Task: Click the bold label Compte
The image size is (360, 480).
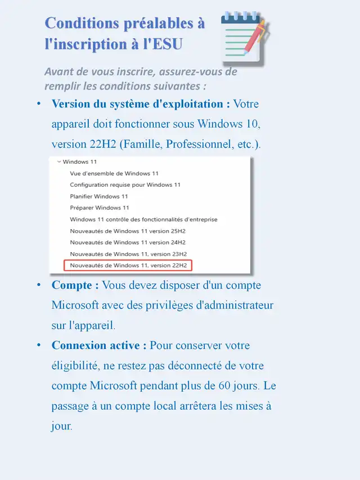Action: click(75, 285)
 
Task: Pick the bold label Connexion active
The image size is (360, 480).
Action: click(99, 346)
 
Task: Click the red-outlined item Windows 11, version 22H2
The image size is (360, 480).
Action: click(128, 265)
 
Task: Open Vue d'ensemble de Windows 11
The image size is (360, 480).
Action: click(114, 173)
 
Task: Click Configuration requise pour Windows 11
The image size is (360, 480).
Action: click(125, 185)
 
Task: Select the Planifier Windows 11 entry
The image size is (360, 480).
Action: click(99, 196)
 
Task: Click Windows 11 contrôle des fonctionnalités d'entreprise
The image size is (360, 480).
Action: click(143, 219)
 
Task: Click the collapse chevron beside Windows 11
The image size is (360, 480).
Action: click(58, 162)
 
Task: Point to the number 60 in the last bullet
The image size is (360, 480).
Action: click(230, 386)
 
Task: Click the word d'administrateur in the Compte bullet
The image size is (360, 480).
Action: click(232, 306)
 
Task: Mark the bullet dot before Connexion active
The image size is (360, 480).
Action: click(39, 346)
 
